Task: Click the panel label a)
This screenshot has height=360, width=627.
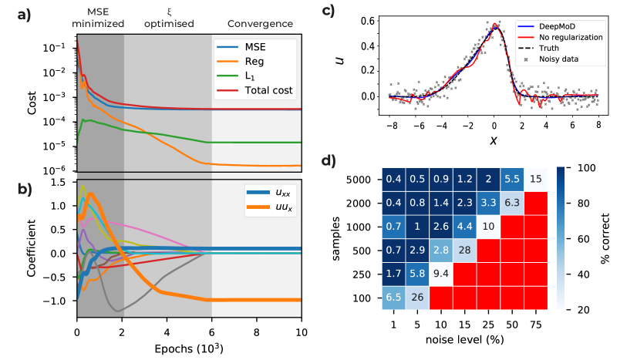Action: click(x=25, y=15)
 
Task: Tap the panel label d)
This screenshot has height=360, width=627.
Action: click(x=328, y=161)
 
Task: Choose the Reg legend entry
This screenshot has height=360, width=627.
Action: click(x=255, y=61)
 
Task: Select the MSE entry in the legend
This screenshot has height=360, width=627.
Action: click(x=255, y=46)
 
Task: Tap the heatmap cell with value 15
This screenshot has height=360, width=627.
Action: click(x=535, y=179)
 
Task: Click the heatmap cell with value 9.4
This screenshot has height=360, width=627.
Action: click(x=442, y=273)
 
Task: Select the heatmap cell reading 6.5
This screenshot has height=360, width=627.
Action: click(x=394, y=298)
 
